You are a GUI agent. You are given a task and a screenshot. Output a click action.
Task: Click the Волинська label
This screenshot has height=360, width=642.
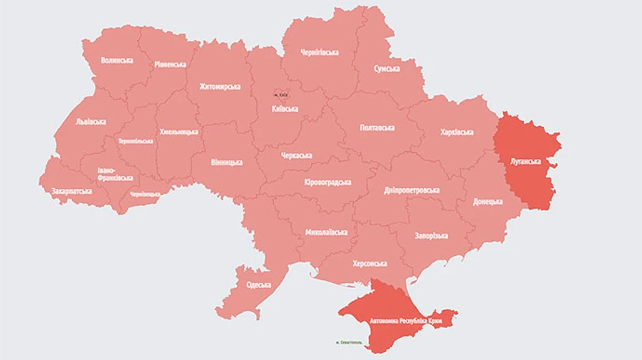tap(117, 61)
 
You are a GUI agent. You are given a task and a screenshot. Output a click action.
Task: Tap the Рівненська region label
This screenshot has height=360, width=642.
tap(170, 64)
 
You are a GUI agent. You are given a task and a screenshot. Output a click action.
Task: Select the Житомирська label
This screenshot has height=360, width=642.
tap(220, 87)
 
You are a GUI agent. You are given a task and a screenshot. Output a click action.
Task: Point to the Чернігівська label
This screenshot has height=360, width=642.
tap(320, 52)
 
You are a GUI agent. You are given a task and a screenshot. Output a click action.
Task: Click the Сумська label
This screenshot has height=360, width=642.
tap(387, 68)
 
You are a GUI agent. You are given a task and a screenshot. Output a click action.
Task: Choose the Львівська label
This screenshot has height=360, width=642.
tap(91, 121)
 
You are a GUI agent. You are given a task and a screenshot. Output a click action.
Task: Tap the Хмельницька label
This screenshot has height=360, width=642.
tap(179, 133)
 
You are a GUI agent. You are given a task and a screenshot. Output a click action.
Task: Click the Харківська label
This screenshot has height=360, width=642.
tap(457, 132)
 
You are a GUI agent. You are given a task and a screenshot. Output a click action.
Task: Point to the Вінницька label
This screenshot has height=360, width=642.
tap(226, 162)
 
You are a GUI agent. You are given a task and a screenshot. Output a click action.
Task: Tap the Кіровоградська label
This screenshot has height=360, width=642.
tap(327, 182)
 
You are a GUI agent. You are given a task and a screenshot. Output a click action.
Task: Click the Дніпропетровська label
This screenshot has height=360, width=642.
tap(412, 190)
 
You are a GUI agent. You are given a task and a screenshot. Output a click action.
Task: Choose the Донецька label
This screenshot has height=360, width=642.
tap(488, 202)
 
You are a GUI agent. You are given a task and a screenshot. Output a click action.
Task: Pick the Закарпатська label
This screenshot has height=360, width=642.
tap(71, 191)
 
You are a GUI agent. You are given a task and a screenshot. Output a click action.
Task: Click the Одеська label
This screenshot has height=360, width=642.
tap(258, 285)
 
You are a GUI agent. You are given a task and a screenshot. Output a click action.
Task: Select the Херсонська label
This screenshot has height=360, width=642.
tap(370, 263)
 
